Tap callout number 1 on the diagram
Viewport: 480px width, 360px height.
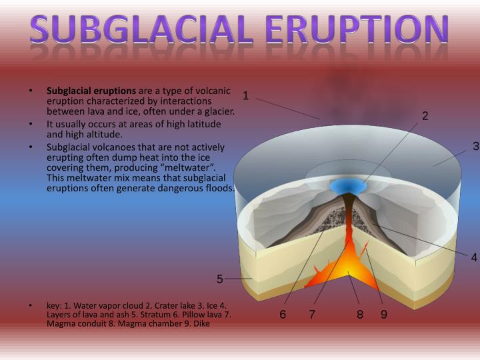click(x=245, y=95)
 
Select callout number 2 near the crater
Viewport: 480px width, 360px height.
click(x=425, y=116)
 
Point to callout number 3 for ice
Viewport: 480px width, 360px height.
click(x=475, y=146)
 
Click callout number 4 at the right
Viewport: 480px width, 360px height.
click(x=474, y=257)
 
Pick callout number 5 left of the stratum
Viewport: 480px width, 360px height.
click(x=219, y=278)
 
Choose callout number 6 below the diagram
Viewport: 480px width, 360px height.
click(x=283, y=315)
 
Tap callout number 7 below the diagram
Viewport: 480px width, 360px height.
click(x=311, y=315)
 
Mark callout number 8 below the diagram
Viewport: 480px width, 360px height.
click(x=359, y=315)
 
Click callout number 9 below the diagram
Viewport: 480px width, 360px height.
click(x=384, y=315)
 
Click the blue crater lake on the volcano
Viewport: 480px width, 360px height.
click(x=349, y=185)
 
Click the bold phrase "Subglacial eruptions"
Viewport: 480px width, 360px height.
click(x=91, y=91)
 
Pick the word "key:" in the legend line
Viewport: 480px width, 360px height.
click(x=55, y=306)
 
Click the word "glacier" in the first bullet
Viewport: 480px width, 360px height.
click(x=219, y=111)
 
